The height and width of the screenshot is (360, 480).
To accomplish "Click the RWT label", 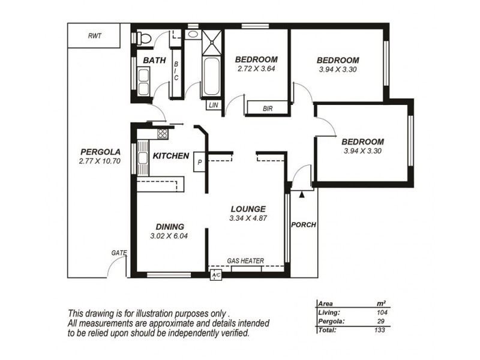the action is click(x=95, y=36).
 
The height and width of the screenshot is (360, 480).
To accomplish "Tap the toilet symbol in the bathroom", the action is click(x=144, y=38).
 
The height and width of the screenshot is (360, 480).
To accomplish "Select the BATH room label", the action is click(x=155, y=61).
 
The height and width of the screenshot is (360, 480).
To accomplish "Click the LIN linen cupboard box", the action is click(x=214, y=105).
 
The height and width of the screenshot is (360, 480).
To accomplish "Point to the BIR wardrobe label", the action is click(x=268, y=109).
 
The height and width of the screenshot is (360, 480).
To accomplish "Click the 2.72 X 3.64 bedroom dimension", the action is click(x=256, y=68).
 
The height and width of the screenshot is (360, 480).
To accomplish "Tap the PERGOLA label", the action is click(x=100, y=152).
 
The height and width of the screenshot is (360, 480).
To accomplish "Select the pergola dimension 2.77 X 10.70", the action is click(x=100, y=161).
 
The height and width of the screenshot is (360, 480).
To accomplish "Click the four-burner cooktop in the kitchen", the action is click(x=163, y=134).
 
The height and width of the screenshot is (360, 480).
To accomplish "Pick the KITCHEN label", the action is click(x=171, y=156).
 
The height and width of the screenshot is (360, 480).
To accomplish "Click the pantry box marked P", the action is click(x=199, y=161).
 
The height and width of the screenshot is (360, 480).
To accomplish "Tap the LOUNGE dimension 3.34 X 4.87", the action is click(x=248, y=218).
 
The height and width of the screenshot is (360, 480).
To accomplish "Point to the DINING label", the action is click(x=170, y=227).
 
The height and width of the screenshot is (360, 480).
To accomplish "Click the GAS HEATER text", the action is click(x=245, y=261).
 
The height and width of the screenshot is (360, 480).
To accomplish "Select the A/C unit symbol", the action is click(x=216, y=275).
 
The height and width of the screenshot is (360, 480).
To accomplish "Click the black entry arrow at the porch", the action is click(x=302, y=194).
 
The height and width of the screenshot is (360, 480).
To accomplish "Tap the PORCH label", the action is click(x=304, y=225).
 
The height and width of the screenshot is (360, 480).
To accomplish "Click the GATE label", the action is click(x=119, y=253).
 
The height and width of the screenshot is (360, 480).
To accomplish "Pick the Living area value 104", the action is click(x=382, y=313).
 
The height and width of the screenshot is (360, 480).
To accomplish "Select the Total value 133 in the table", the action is click(x=380, y=330).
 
